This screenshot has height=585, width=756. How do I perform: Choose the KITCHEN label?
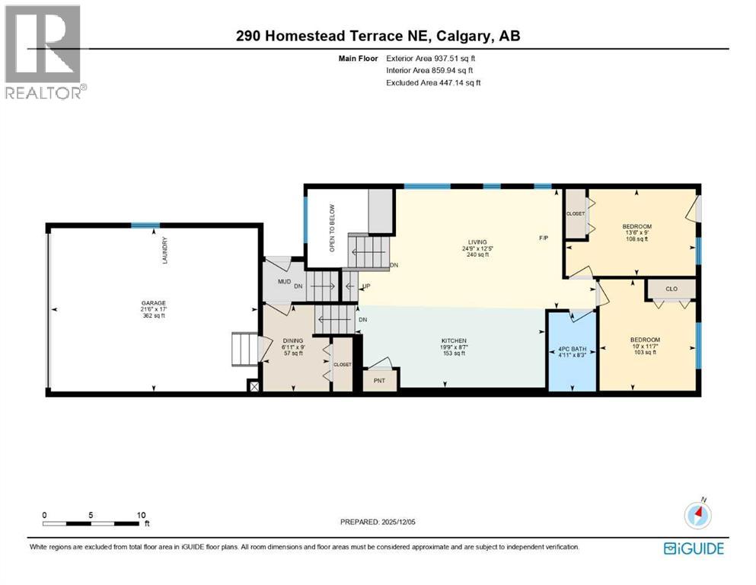(x=455, y=340)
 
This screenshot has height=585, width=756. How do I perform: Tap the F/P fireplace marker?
(x=544, y=238)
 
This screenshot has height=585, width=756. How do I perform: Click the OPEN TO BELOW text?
(x=332, y=228)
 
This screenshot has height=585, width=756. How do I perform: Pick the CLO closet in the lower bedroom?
(x=671, y=289)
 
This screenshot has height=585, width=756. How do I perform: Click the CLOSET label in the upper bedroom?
(x=576, y=213)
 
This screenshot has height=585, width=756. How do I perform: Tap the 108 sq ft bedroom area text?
(x=636, y=239)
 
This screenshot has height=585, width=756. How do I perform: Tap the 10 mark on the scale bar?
(x=141, y=515)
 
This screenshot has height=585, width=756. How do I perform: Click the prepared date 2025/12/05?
(x=404, y=522)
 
